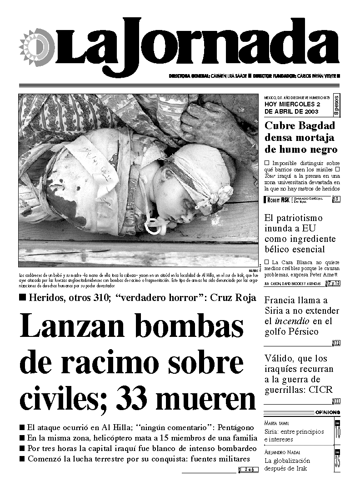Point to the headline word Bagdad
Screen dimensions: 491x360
[315, 126]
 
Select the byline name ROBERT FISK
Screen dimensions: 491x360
[278, 199]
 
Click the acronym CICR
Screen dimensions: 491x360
[320, 390]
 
